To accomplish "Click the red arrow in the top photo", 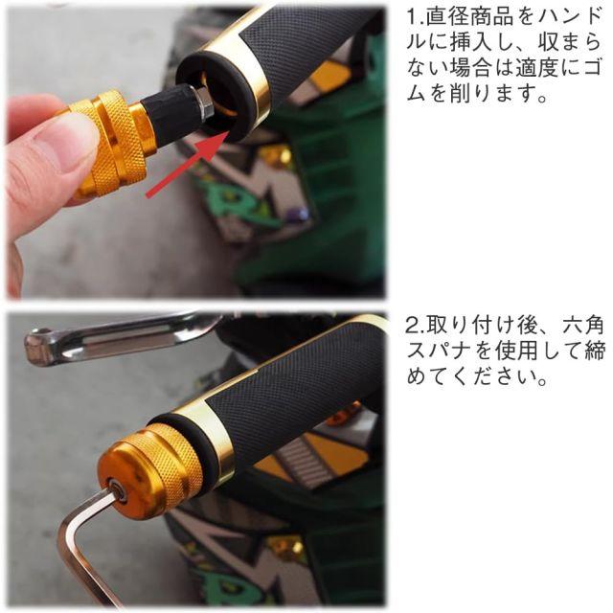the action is pyautogui.click(x=187, y=164).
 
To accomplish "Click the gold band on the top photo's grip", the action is pyautogui.click(x=239, y=67).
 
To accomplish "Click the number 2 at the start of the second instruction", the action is pyautogui.click(x=413, y=326).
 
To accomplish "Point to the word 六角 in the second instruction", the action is pyautogui.click(x=584, y=326).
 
